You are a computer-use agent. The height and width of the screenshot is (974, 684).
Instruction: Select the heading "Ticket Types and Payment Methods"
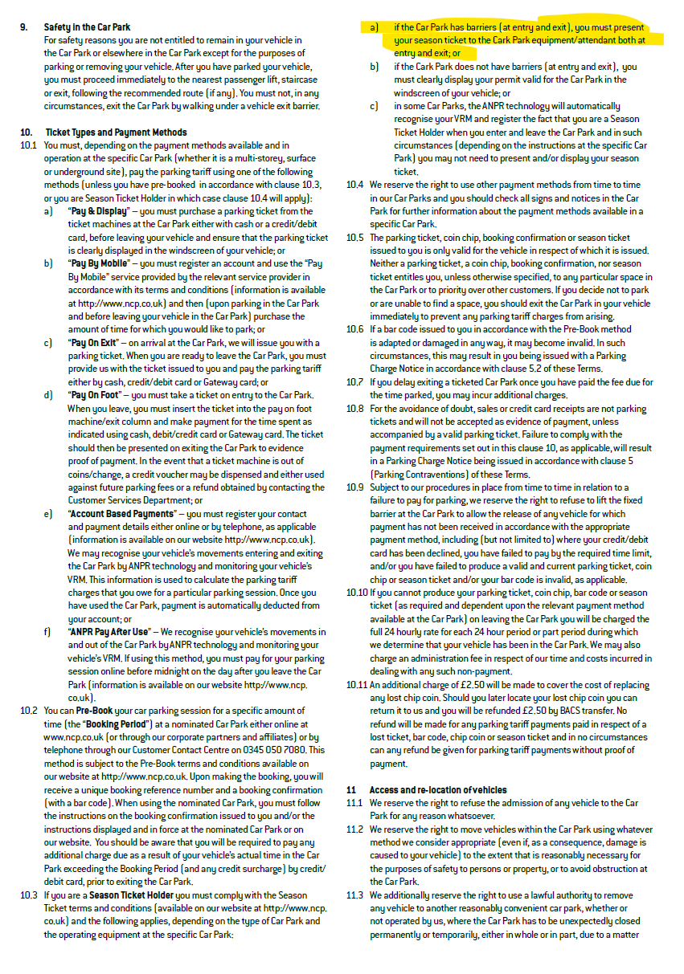point(116,132)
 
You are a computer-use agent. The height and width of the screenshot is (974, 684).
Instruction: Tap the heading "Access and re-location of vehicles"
point(438,790)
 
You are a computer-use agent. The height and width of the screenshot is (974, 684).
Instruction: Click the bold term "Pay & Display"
point(102,211)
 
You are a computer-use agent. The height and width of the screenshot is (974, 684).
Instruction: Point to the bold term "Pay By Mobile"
point(101,263)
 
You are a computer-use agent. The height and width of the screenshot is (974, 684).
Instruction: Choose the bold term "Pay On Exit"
point(96,342)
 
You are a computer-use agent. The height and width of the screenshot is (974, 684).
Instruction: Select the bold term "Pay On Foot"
point(99,395)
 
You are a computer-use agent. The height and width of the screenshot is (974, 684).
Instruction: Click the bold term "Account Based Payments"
point(121,513)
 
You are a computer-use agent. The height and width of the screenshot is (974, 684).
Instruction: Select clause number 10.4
point(354,185)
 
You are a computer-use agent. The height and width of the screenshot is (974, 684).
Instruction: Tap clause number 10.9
point(354,487)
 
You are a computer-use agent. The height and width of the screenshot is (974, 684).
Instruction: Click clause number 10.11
point(356,685)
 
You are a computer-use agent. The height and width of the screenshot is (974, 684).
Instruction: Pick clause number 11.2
point(354,829)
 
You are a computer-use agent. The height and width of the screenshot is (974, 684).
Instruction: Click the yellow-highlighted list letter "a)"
point(375,26)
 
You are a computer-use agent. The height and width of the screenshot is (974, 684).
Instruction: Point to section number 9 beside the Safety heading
point(23,26)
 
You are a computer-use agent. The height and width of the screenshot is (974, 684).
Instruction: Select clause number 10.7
point(354,381)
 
